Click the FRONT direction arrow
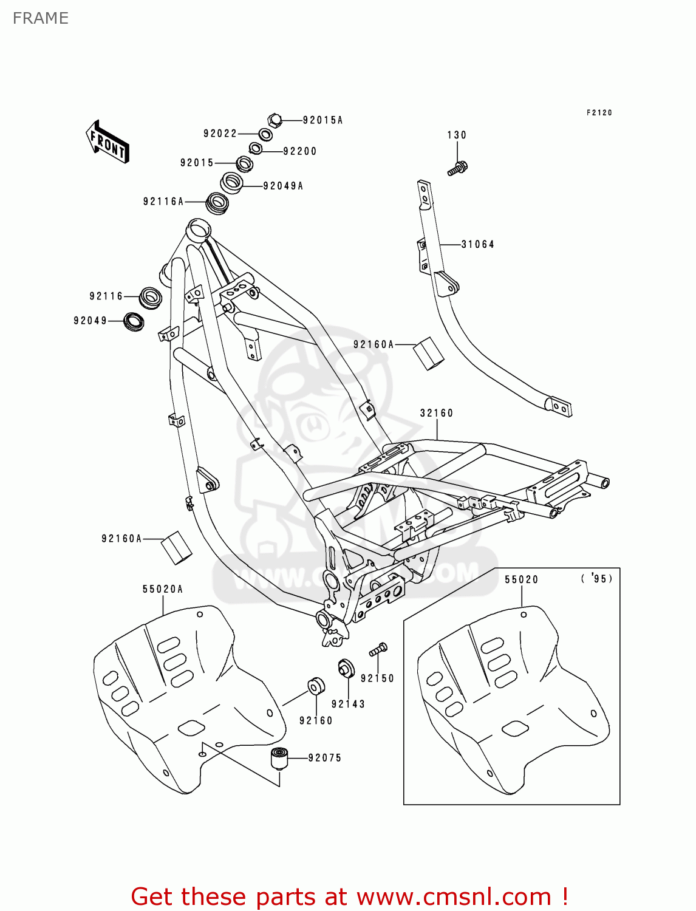pyautogui.click(x=107, y=142)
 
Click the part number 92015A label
pyautogui.click(x=322, y=120)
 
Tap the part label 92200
pyautogui.click(x=300, y=151)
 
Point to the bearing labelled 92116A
pyautogui.click(x=217, y=202)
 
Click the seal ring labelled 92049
pyautogui.click(x=134, y=321)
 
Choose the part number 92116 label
pyautogui.click(x=106, y=296)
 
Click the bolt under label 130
pyautogui.click(x=458, y=168)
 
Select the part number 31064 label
pyautogui.click(x=478, y=244)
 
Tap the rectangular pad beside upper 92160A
pyautogui.click(x=429, y=353)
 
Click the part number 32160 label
pyautogui.click(x=437, y=413)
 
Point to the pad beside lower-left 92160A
pyautogui.click(x=176, y=547)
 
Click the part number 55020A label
pyautogui.click(x=163, y=589)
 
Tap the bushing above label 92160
pyautogui.click(x=316, y=685)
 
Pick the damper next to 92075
pyautogui.click(x=279, y=759)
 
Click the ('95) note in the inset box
pyautogui.click(x=597, y=579)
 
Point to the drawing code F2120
pyautogui.click(x=599, y=113)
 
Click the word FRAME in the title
pyautogui.click(x=41, y=18)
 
